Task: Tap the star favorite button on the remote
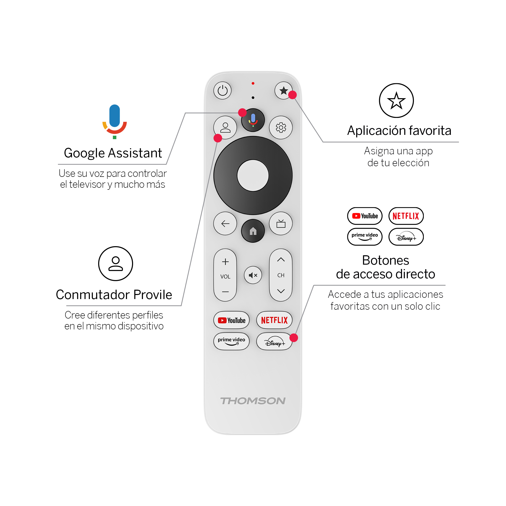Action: tap(284, 91)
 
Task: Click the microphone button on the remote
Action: tap(253, 120)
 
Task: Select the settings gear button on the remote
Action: tap(281, 128)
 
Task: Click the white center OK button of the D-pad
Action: tap(253, 176)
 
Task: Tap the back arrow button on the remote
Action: tap(225, 223)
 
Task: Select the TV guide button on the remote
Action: tap(281, 223)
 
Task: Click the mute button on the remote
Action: tap(253, 275)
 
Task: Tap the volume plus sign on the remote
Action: tap(225, 262)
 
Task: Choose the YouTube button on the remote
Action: tap(231, 320)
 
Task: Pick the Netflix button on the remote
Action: tap(275, 320)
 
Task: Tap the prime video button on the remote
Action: tap(231, 341)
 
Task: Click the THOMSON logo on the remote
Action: tap(253, 401)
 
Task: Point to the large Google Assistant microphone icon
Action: tap(115, 121)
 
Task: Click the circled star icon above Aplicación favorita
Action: tap(396, 101)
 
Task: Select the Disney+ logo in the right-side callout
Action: tap(406, 237)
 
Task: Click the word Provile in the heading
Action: tap(153, 295)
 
